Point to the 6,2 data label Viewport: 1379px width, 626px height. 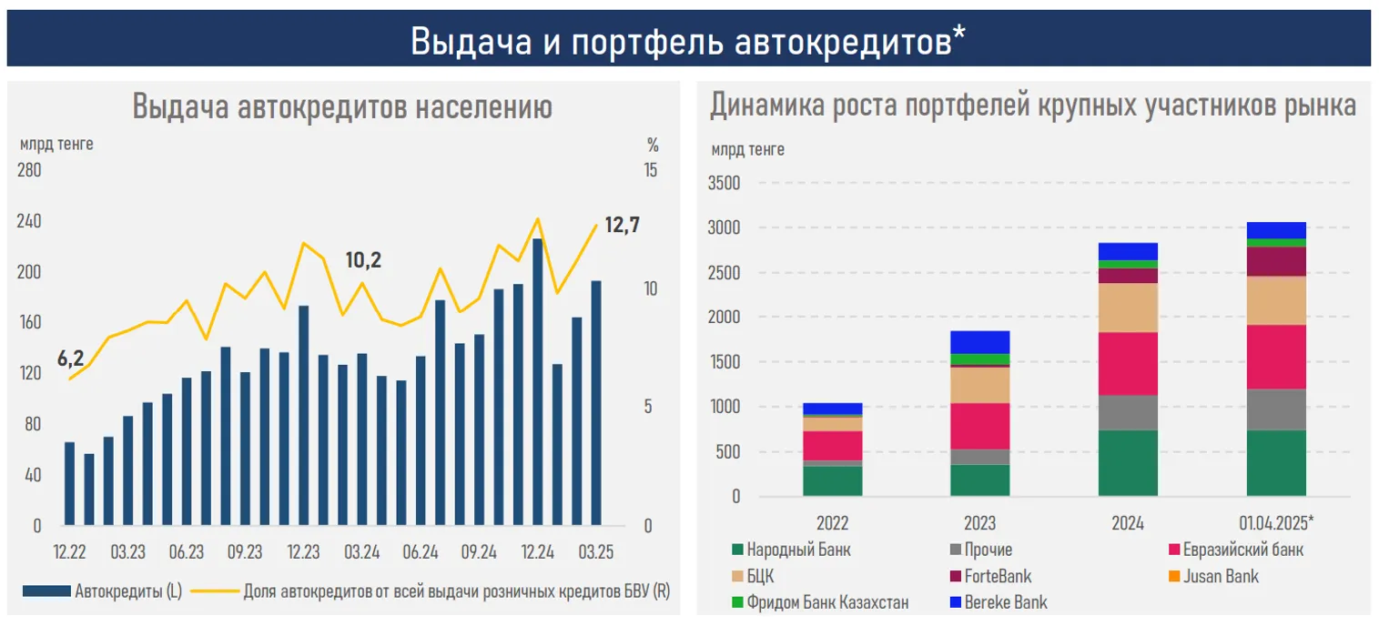70,358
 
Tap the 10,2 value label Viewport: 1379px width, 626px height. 363,260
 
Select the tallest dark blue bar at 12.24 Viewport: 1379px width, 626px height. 538,382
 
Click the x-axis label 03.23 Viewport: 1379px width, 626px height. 128,552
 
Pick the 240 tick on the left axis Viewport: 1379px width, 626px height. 30,222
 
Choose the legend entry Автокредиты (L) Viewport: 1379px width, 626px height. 128,591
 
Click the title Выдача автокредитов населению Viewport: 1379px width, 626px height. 342,107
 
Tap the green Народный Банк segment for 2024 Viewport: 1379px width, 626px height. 1128,463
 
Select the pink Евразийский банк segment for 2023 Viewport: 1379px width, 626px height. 979,426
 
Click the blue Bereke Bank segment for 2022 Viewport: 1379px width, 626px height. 832,409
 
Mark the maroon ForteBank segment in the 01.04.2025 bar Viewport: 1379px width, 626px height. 1276,261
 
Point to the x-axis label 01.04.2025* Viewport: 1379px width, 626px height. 1276,523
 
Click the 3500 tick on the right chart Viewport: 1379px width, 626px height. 725,183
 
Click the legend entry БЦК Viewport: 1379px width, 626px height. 760,576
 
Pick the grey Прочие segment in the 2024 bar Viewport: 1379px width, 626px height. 1128,412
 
